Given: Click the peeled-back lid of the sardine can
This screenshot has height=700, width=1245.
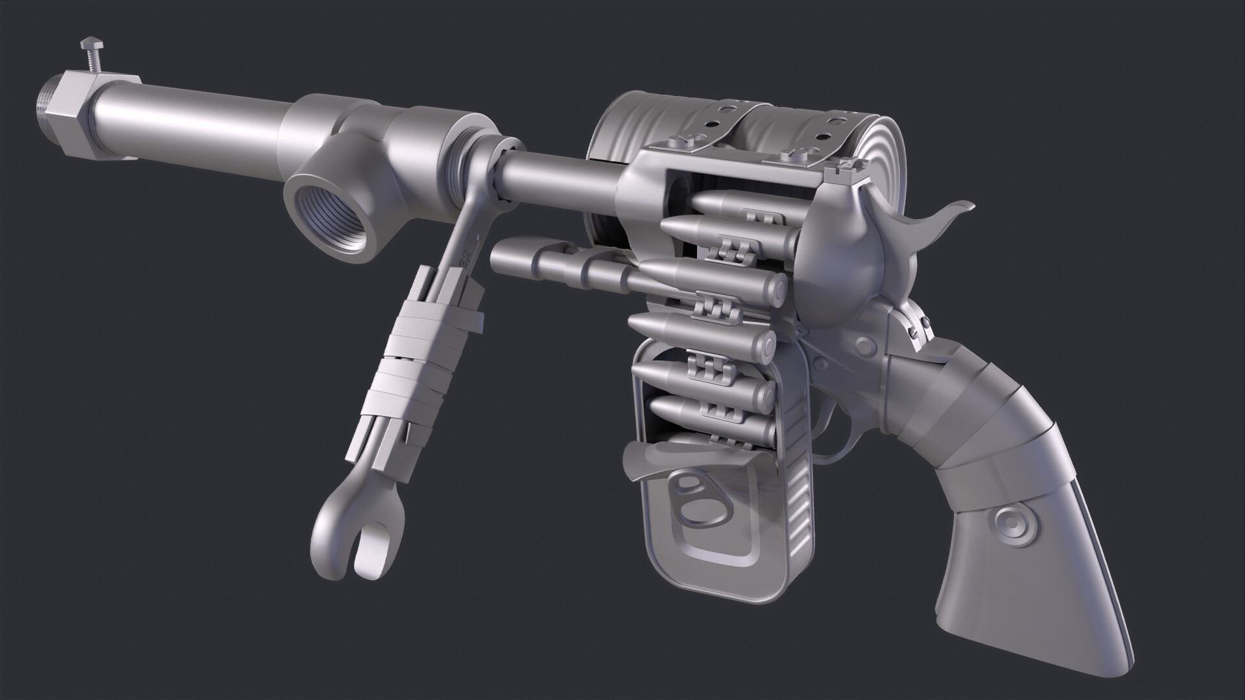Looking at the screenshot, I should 655,463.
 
